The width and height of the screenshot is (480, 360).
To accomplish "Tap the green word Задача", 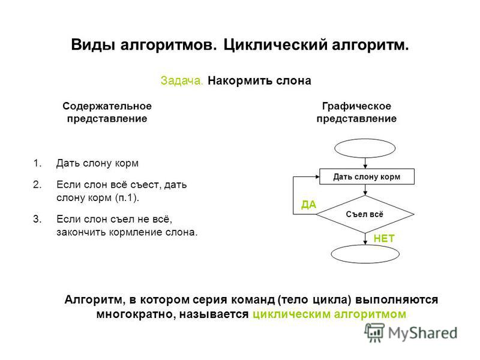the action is pyautogui.click(x=182, y=81).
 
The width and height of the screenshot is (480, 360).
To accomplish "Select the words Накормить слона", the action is pyautogui.click(x=259, y=81).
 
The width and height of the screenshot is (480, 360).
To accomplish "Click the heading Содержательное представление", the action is pyautogui.click(x=107, y=112).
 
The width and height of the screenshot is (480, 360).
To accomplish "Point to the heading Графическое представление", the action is pyautogui.click(x=356, y=112).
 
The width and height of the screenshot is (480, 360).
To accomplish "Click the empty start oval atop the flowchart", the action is pyautogui.click(x=365, y=148).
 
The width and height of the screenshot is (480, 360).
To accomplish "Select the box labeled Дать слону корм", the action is pyautogui.click(x=367, y=176).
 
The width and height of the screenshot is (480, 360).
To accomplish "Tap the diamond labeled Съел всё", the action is pyautogui.click(x=365, y=214).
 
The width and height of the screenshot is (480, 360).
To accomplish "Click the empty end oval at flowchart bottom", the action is pyautogui.click(x=365, y=254).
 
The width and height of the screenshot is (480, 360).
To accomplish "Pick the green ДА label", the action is pyautogui.click(x=308, y=205).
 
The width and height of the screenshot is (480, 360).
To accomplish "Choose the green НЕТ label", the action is pyautogui.click(x=384, y=238).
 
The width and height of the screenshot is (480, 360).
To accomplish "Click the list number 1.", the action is pyautogui.click(x=37, y=163).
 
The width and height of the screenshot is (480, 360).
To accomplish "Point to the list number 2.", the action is pyautogui.click(x=37, y=185).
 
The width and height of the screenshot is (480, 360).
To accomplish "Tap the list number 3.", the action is pyautogui.click(x=37, y=219).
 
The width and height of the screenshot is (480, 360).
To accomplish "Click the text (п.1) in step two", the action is pyautogui.click(x=127, y=198).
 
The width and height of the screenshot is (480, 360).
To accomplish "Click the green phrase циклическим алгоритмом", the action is pyautogui.click(x=329, y=314).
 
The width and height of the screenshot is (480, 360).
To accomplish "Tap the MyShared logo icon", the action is pyautogui.click(x=374, y=333).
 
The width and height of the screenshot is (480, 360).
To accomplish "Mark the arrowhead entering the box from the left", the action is pyautogui.click(x=317, y=176).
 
